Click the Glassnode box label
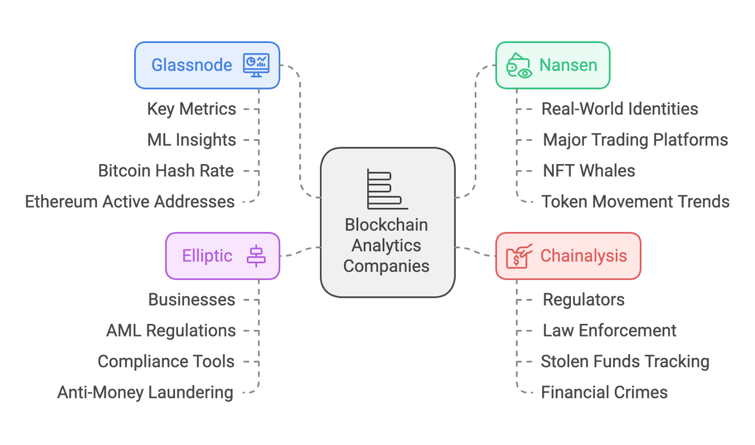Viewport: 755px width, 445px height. (x=192, y=65)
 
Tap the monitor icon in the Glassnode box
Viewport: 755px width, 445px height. (x=256, y=65)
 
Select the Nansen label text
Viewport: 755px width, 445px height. (x=568, y=65)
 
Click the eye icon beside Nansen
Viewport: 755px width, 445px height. (x=519, y=66)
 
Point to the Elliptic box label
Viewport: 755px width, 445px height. (x=207, y=256)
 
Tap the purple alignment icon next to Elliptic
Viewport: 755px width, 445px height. (x=256, y=256)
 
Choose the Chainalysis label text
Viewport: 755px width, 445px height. (x=583, y=256)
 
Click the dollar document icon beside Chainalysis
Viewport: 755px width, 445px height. (x=518, y=256)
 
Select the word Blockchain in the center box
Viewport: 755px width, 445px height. (x=386, y=225)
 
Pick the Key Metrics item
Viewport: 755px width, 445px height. (x=192, y=109)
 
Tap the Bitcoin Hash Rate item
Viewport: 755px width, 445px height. (x=166, y=171)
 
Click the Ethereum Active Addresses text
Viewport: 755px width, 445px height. (x=130, y=202)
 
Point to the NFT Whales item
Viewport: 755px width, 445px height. (x=589, y=171)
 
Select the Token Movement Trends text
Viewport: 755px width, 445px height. (x=635, y=202)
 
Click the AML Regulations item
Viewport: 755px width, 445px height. (x=171, y=331)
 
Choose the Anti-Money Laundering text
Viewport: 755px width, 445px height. (x=145, y=393)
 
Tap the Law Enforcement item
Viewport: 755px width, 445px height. (x=610, y=331)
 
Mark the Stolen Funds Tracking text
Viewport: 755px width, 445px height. (x=625, y=362)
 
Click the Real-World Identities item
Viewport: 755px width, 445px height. (x=620, y=109)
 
